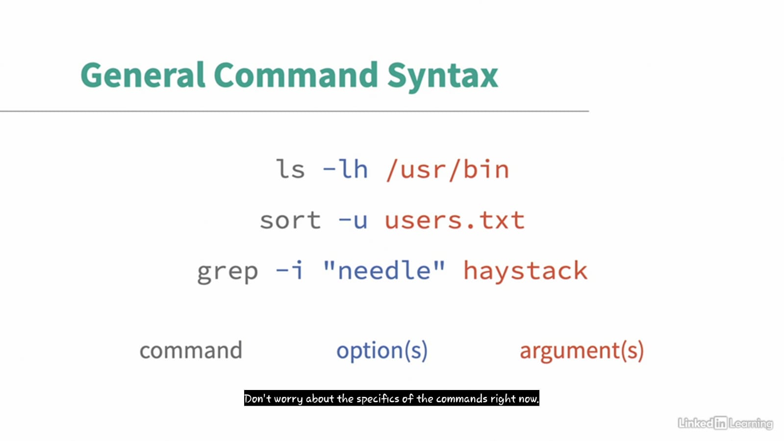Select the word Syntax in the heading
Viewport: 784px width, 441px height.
[443, 77]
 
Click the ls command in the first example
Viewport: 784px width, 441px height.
[290, 170]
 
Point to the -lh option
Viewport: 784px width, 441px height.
[345, 170]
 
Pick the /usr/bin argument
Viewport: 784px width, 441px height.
[448, 170]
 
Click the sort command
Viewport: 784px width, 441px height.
[290, 221]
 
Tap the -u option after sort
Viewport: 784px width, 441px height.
[353, 221]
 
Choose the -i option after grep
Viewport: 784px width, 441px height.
[289, 270]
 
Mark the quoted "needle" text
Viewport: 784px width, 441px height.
[384, 270]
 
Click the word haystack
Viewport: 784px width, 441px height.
[525, 271]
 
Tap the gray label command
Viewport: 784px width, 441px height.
[191, 350]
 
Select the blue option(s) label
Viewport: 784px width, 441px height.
[382, 351]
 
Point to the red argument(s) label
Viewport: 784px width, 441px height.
[582, 351]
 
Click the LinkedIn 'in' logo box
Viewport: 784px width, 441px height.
[721, 423]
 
